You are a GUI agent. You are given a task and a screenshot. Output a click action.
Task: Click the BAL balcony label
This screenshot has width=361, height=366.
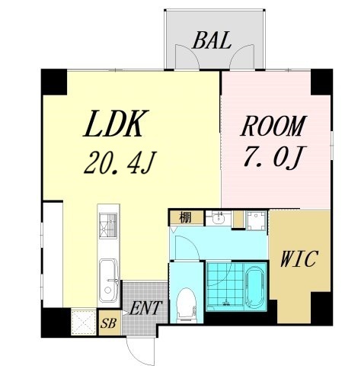[212, 40]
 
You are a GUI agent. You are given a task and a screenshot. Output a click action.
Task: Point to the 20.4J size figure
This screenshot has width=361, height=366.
[120, 162]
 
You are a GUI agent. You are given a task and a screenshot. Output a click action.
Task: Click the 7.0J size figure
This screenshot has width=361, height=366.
[275, 157]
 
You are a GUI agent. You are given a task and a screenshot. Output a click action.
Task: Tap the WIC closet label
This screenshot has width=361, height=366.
[299, 258]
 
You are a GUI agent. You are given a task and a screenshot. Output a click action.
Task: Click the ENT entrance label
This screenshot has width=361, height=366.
[145, 308]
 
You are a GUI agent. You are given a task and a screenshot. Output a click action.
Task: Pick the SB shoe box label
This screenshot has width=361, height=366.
[109, 323]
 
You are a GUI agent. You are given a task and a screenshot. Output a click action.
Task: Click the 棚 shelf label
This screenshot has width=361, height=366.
[185, 218]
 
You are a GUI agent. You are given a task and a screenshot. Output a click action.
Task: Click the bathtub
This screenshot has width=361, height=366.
[255, 287]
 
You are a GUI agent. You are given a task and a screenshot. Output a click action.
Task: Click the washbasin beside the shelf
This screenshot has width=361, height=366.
[219, 218]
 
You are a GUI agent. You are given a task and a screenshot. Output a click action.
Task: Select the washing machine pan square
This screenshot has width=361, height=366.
[257, 220]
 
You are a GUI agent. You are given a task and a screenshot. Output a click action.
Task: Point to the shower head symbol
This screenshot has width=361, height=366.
[225, 303]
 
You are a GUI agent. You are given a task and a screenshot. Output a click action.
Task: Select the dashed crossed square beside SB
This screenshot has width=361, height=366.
[84, 322]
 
